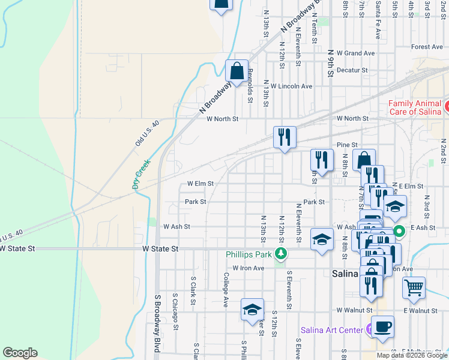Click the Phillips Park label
tap(249, 254)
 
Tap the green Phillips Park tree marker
tap(280, 254)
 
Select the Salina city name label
tap(345, 273)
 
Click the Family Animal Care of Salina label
tap(415, 107)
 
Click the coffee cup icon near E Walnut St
tap(382, 327)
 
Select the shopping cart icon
tap(414, 288)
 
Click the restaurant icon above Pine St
tap(284, 136)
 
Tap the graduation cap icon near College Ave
tap(252, 310)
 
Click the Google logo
tap(20, 353)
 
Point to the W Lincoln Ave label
tap(291, 86)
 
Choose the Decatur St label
tap(352, 70)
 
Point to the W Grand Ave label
tap(356, 53)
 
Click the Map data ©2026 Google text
tap(411, 355)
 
